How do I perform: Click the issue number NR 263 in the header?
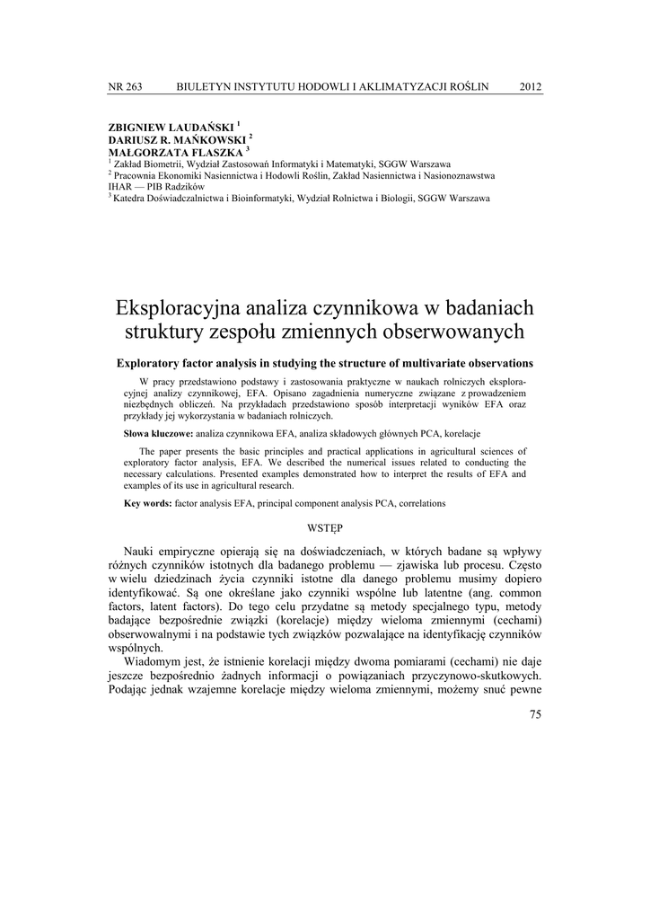(125, 86)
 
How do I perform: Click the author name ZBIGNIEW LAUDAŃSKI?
(171, 128)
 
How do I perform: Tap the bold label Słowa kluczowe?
(158, 433)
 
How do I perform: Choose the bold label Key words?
(148, 503)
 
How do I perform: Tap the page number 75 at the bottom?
(535, 714)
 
